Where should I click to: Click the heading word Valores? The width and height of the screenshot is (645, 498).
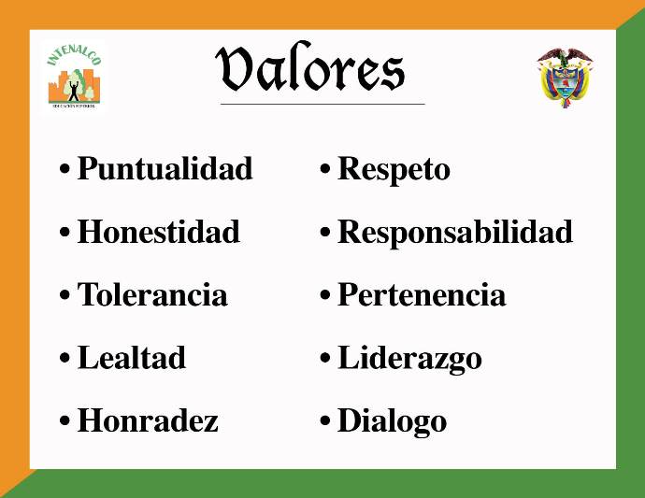point(310,67)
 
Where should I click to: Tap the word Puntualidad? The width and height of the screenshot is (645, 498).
point(165,168)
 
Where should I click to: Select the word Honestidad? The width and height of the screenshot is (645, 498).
point(159,232)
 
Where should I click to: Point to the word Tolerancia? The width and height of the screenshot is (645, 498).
point(152,294)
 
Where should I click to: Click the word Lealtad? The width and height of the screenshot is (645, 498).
point(132,357)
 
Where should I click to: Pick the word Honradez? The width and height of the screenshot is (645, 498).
point(148,420)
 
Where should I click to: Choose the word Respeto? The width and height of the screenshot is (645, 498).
point(394,170)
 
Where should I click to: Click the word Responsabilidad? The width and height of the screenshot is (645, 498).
point(455,233)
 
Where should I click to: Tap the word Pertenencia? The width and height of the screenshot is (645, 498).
point(422,294)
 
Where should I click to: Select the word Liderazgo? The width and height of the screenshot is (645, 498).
point(409,359)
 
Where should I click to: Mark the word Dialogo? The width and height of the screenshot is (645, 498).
point(392,422)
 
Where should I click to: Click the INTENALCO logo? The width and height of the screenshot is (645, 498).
point(74,77)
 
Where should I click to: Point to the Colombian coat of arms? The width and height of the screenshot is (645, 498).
point(565,78)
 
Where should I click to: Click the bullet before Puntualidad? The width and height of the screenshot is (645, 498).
point(64,168)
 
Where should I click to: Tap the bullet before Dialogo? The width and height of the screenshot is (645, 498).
point(325,420)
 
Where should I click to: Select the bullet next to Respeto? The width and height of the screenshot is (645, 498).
point(325,168)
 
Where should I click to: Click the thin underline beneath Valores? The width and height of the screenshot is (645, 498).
point(322,104)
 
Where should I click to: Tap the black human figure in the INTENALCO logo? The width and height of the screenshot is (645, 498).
point(74,91)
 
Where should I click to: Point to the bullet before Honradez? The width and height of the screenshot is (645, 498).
point(64,420)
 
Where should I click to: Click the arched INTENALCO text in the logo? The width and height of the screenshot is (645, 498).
point(74,53)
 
